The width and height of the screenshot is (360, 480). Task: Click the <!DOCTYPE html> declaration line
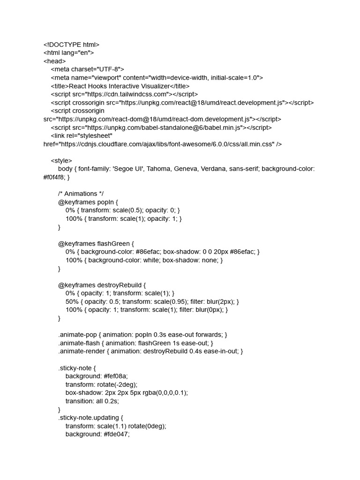click(x=71, y=45)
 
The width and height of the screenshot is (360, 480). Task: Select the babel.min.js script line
click(x=161, y=127)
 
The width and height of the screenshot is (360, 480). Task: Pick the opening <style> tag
click(x=61, y=161)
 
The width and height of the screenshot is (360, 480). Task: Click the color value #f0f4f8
click(x=54, y=178)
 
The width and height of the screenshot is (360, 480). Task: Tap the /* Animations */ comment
click(x=81, y=194)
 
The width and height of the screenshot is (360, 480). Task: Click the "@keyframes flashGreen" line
click(x=96, y=244)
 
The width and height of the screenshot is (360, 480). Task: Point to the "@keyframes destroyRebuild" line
click(x=102, y=285)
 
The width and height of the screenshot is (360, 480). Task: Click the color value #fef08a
click(x=114, y=376)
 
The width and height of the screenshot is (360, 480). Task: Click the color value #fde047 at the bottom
click(x=115, y=434)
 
